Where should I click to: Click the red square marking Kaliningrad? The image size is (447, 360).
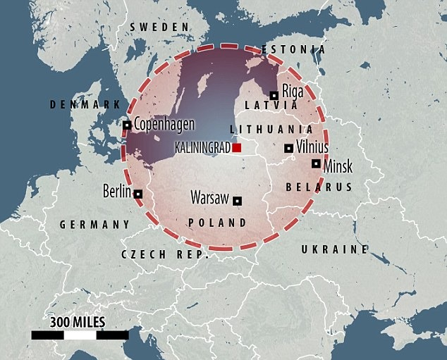click(238, 148)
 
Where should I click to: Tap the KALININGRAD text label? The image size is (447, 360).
click(203, 149)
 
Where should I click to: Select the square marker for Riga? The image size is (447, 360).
click(274, 95)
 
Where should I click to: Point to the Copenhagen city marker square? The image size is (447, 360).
click(127, 125)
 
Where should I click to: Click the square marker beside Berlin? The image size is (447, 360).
click(138, 194)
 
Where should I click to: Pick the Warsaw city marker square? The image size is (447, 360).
click(238, 200)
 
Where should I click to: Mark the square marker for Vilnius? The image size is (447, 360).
click(288, 148)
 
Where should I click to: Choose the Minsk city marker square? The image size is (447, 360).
click(315, 163)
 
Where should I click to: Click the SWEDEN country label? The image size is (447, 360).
click(159, 27)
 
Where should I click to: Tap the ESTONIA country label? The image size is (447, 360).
click(293, 50)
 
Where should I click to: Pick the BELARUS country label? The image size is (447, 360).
click(318, 187)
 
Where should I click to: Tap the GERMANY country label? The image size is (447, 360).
click(94, 224)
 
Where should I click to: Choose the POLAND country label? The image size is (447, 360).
click(217, 223)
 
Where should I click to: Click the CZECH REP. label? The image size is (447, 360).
click(166, 254)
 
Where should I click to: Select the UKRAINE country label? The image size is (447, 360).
click(334, 249)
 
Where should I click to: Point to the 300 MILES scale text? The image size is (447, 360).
click(77, 323)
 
